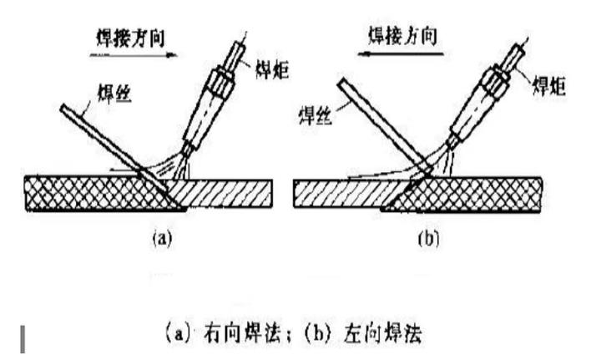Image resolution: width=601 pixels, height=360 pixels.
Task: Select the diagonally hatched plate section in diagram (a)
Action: coord(225,192)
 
